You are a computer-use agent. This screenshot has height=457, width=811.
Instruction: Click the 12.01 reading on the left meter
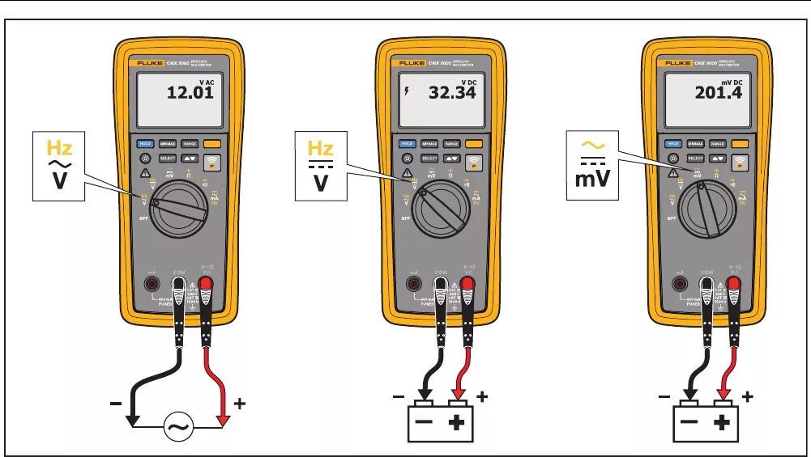190,92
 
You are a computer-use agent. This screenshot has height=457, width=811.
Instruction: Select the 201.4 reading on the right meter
718,92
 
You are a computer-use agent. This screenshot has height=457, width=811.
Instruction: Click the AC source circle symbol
178,426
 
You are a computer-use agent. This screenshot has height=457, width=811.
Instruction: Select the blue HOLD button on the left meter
146,143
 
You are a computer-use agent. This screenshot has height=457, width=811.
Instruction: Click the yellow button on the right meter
740,143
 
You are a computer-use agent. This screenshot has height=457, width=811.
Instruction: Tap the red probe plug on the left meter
206,285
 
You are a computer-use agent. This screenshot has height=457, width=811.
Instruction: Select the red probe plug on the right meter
735,285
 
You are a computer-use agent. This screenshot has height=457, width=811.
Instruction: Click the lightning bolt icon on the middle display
407,92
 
